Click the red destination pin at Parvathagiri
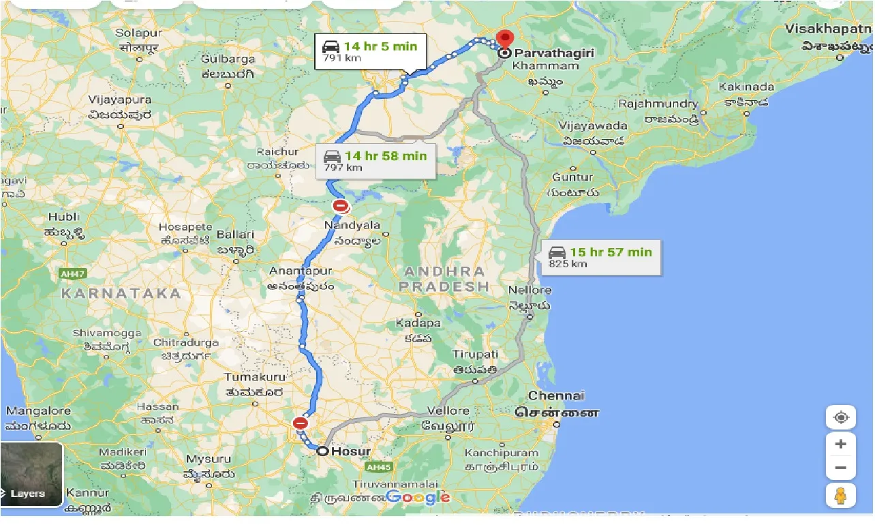click(x=505, y=40)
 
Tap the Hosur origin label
click(x=350, y=451)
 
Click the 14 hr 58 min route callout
click(x=375, y=161)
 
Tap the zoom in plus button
click(x=840, y=444)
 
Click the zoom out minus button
click(x=840, y=468)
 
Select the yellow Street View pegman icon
click(x=840, y=496)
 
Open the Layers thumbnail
click(x=31, y=475)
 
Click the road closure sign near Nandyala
click(x=341, y=205)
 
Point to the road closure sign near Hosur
click(x=301, y=423)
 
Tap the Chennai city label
click(x=556, y=395)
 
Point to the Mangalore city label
click(x=38, y=411)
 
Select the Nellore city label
click(x=529, y=290)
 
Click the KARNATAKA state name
click(x=121, y=294)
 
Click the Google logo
click(x=418, y=497)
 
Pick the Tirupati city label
click(x=476, y=355)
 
